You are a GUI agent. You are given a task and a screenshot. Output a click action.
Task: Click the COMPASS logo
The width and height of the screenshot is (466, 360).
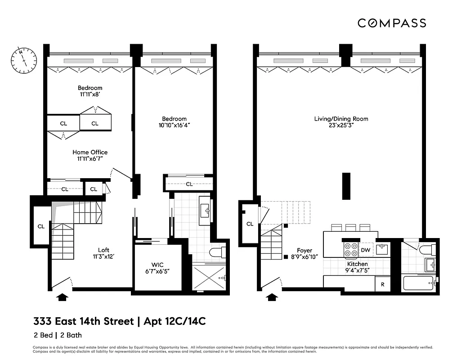coord(392,23)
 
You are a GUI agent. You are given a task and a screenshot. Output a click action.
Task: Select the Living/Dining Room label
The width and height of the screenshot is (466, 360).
coord(341,119)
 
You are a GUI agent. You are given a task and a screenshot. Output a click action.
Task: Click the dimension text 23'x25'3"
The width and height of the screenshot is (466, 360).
coord(341,126)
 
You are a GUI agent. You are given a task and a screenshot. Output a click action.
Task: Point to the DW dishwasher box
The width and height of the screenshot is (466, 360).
coord(365,250)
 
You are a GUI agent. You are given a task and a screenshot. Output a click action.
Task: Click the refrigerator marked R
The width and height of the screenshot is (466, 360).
coord(382,284)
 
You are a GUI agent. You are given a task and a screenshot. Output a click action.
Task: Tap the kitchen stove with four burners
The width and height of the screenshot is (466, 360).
coord(349,249)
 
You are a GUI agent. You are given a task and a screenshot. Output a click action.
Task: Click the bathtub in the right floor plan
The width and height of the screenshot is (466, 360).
coord(419,283)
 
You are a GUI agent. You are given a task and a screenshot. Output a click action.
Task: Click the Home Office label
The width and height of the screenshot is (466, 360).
coord(90,152)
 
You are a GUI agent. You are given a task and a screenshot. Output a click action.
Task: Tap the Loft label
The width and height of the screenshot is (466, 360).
coord(104,250)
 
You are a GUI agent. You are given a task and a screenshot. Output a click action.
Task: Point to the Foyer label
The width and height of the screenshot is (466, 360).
coord(305,251)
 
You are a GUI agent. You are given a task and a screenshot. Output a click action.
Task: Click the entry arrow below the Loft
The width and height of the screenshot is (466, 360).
coord(63,297)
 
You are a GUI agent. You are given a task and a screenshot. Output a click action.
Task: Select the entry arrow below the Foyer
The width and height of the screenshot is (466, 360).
coord(272,297)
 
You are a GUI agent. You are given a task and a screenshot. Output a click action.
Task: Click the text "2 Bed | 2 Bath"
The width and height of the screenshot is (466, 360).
coord(58,335)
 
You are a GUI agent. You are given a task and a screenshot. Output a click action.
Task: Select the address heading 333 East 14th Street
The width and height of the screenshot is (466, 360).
coord(83,321)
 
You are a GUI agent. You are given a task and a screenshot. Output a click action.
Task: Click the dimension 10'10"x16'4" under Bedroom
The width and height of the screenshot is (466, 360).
coord(174,126)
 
